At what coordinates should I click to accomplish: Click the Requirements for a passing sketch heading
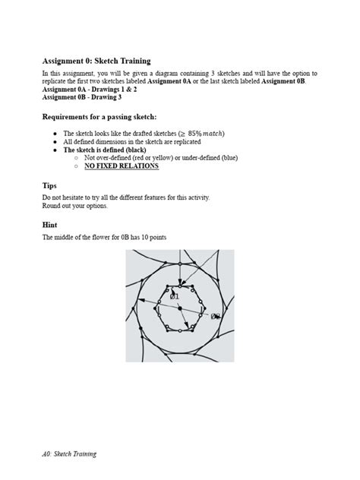pos(99,118)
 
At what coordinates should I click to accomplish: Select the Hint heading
pos(51,226)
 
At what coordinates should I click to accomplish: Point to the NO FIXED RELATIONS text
pos(122,165)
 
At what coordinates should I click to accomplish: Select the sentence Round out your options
pos(75,205)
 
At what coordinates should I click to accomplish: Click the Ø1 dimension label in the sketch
pos(175,295)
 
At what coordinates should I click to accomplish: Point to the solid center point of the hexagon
pos(180,308)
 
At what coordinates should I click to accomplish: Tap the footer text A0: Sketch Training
pos(69,453)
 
